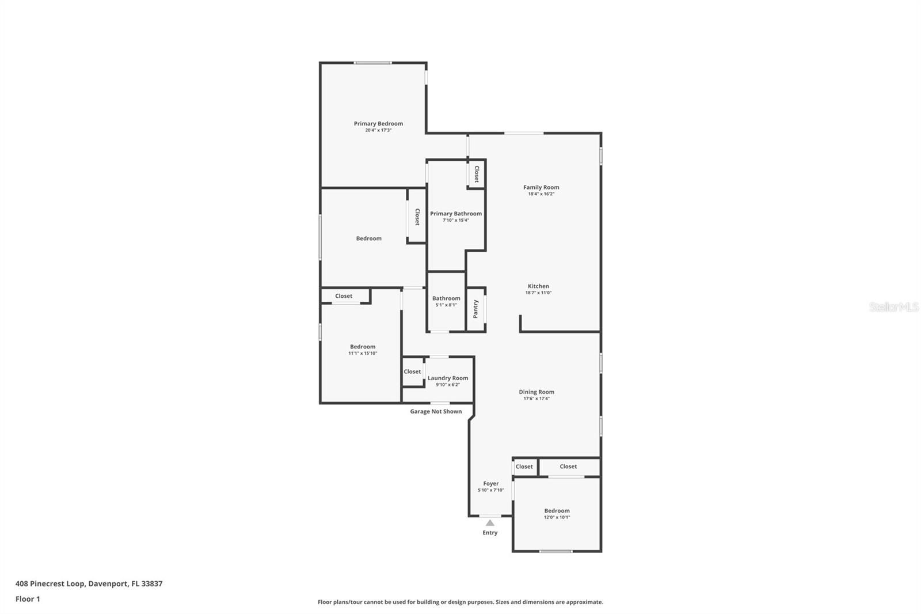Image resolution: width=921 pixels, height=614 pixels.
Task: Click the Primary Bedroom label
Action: click(x=378, y=123)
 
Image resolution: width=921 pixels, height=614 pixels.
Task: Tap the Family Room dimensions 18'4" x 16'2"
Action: click(x=541, y=194)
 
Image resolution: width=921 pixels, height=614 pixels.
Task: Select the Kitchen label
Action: click(x=538, y=286)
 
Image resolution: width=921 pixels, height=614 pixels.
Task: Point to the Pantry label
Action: click(x=475, y=309)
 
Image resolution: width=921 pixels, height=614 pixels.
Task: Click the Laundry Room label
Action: click(x=448, y=378)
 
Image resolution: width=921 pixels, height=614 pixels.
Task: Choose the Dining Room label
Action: click(x=536, y=392)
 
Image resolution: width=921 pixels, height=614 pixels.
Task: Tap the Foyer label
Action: click(x=490, y=484)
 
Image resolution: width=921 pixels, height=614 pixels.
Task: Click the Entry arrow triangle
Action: click(x=490, y=522)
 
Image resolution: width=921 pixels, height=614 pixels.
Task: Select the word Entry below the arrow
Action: click(x=490, y=533)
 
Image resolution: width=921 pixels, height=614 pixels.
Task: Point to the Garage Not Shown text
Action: click(x=436, y=411)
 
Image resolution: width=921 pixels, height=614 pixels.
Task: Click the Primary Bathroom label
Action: click(x=455, y=214)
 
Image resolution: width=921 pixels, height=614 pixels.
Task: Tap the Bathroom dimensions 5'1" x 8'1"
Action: click(x=446, y=305)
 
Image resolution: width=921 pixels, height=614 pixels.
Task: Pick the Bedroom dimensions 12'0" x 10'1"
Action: click(x=557, y=517)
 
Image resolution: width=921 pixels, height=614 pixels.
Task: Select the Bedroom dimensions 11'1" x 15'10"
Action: click(x=363, y=353)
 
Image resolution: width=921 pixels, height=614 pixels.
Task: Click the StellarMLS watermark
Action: click(x=894, y=306)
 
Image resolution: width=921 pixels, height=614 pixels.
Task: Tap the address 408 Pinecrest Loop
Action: click(x=51, y=583)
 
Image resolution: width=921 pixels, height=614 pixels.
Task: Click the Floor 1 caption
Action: click(x=28, y=599)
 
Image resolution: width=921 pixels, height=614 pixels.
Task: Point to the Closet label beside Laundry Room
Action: click(x=412, y=372)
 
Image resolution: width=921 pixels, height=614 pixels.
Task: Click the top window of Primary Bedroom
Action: click(x=372, y=63)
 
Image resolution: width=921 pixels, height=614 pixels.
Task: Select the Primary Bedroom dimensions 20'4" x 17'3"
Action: click(x=378, y=130)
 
